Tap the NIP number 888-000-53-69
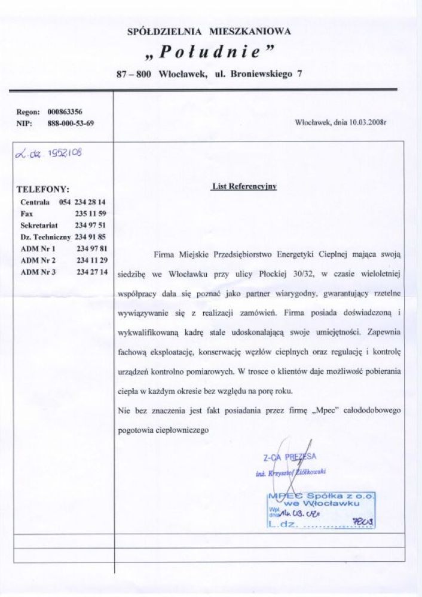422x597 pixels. [x=70, y=124]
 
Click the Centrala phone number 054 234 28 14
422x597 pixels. [x=82, y=202]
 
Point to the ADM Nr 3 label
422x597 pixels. [x=38, y=272]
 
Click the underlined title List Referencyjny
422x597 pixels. [x=244, y=186]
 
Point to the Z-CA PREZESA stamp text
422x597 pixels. [x=289, y=457]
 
